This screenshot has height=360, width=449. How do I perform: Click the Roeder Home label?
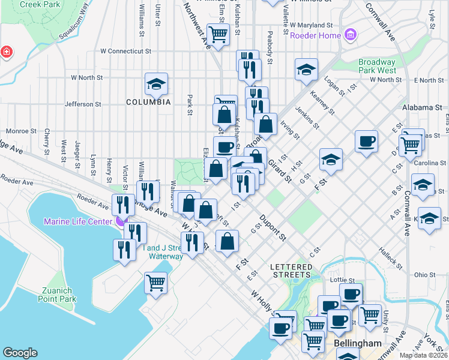point(315,35)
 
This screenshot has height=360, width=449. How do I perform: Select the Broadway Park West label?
point(376,66)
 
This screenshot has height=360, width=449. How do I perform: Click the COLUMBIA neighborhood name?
point(148,103)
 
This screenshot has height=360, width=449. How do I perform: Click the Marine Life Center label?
point(77,222)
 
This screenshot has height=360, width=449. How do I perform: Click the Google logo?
point(20,353)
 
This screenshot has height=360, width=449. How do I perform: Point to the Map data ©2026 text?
point(423,355)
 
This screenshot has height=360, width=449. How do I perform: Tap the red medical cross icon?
point(6,52)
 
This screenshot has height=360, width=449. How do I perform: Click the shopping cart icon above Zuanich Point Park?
point(156,282)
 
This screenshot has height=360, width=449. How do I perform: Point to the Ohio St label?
point(420,275)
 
